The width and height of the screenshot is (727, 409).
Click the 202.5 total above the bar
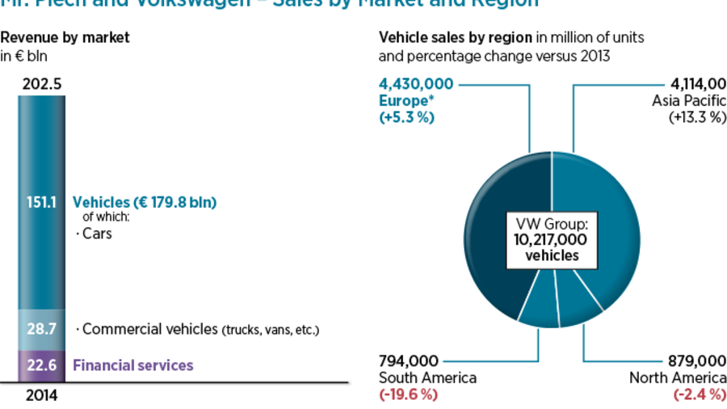(x=42, y=84)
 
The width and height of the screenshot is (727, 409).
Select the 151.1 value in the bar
(x=41, y=203)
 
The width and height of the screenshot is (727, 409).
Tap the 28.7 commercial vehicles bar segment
(x=41, y=329)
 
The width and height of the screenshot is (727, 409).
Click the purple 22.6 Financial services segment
(x=41, y=365)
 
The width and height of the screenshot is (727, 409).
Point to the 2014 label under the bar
(x=42, y=396)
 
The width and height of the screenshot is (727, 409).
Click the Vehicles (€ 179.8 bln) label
(x=147, y=202)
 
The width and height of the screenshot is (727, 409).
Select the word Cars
(x=97, y=234)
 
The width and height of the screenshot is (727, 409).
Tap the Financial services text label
(x=133, y=365)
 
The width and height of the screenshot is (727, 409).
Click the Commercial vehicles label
(x=146, y=329)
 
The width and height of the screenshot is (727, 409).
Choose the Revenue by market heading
(x=65, y=37)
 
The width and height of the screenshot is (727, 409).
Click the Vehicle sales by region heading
(x=456, y=37)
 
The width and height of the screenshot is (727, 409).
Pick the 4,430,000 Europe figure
(x=416, y=84)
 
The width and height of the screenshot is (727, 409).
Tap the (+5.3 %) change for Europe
(x=406, y=116)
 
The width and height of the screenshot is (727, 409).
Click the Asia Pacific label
(x=689, y=100)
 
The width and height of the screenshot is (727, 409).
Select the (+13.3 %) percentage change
(x=697, y=116)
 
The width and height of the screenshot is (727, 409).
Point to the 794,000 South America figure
(x=409, y=361)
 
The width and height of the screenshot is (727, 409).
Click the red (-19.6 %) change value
(x=408, y=394)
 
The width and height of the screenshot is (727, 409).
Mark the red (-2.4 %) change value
(x=700, y=394)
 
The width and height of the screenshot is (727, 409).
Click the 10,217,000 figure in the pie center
(x=552, y=239)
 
